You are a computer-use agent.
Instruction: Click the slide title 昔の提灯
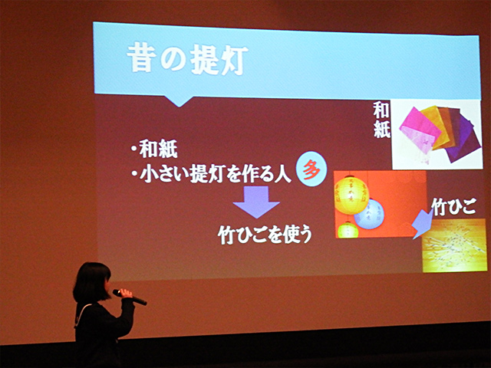coord(187,59)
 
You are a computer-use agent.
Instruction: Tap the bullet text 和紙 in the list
coord(159,149)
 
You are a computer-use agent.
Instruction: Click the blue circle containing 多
coord(311,169)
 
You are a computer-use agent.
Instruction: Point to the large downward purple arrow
coord(256,202)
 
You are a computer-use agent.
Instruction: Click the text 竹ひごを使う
coord(265,235)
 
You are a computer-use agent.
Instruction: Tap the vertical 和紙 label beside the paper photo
coord(381,120)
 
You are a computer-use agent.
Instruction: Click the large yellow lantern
coord(351,194)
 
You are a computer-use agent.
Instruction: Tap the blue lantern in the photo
coord(370,214)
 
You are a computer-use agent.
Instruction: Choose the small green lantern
coord(348,230)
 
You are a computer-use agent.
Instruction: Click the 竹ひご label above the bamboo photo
coord(453,206)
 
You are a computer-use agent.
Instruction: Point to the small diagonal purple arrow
coord(423,223)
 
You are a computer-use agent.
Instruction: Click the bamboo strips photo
coord(454,245)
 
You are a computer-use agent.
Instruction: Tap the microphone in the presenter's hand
coord(130,297)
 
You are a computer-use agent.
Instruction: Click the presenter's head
coord(92,282)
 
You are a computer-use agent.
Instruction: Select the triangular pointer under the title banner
coord(179,100)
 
